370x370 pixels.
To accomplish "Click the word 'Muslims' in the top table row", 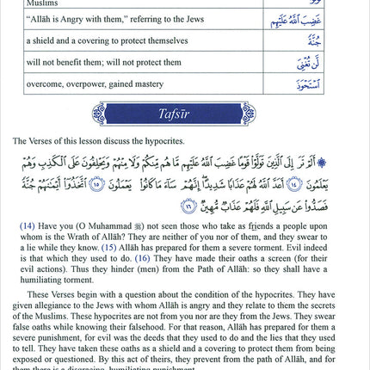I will (39, 3).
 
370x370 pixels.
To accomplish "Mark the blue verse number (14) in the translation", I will (27, 225).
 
